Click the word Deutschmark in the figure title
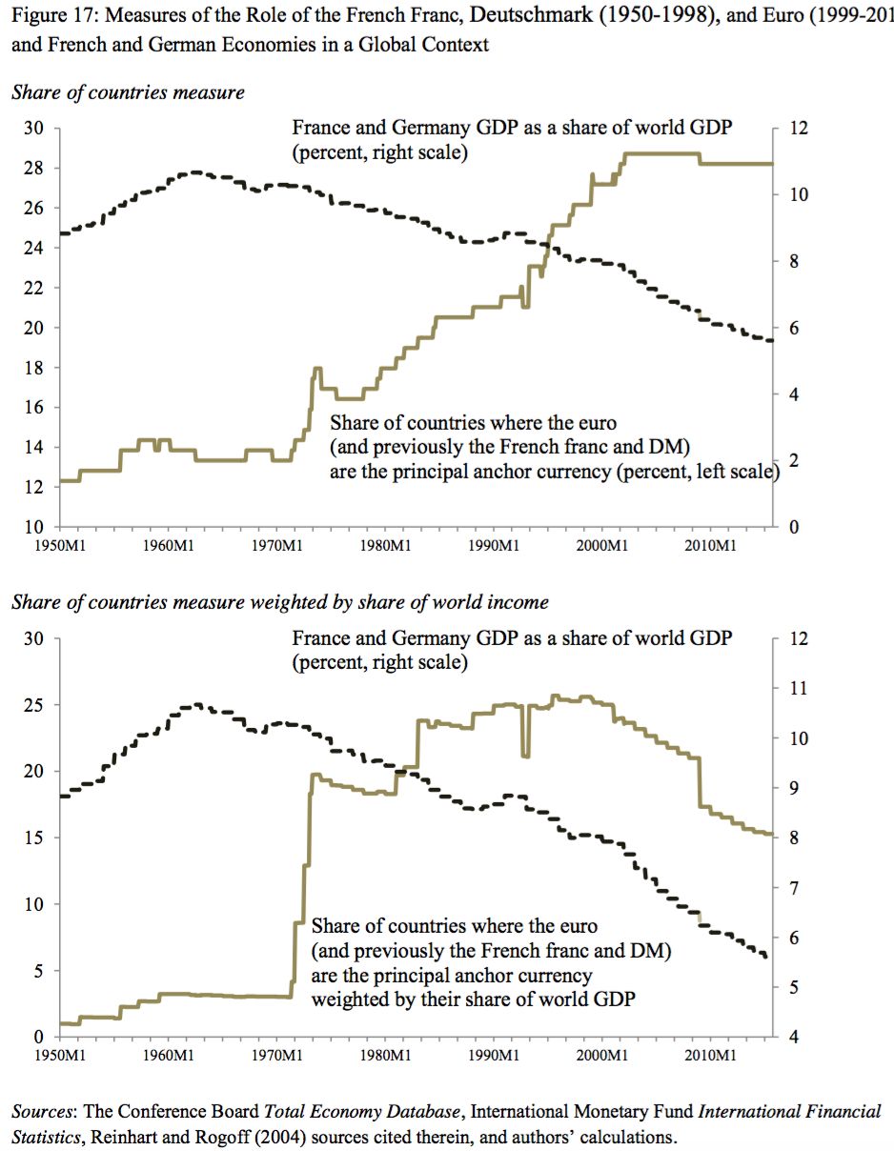coord(531,15)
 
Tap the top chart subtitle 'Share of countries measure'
coord(128,92)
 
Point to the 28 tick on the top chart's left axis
coord(33,168)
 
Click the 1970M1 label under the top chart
coord(277,546)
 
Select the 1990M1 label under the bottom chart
coord(494,1055)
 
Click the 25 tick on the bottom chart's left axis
coord(33,705)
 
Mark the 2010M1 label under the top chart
coord(711,546)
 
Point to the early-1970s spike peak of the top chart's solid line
coord(317,368)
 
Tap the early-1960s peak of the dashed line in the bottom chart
coord(197,705)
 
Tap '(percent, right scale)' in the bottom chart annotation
coord(379,662)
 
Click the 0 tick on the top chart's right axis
coord(794,528)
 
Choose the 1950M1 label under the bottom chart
coord(60,1055)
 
